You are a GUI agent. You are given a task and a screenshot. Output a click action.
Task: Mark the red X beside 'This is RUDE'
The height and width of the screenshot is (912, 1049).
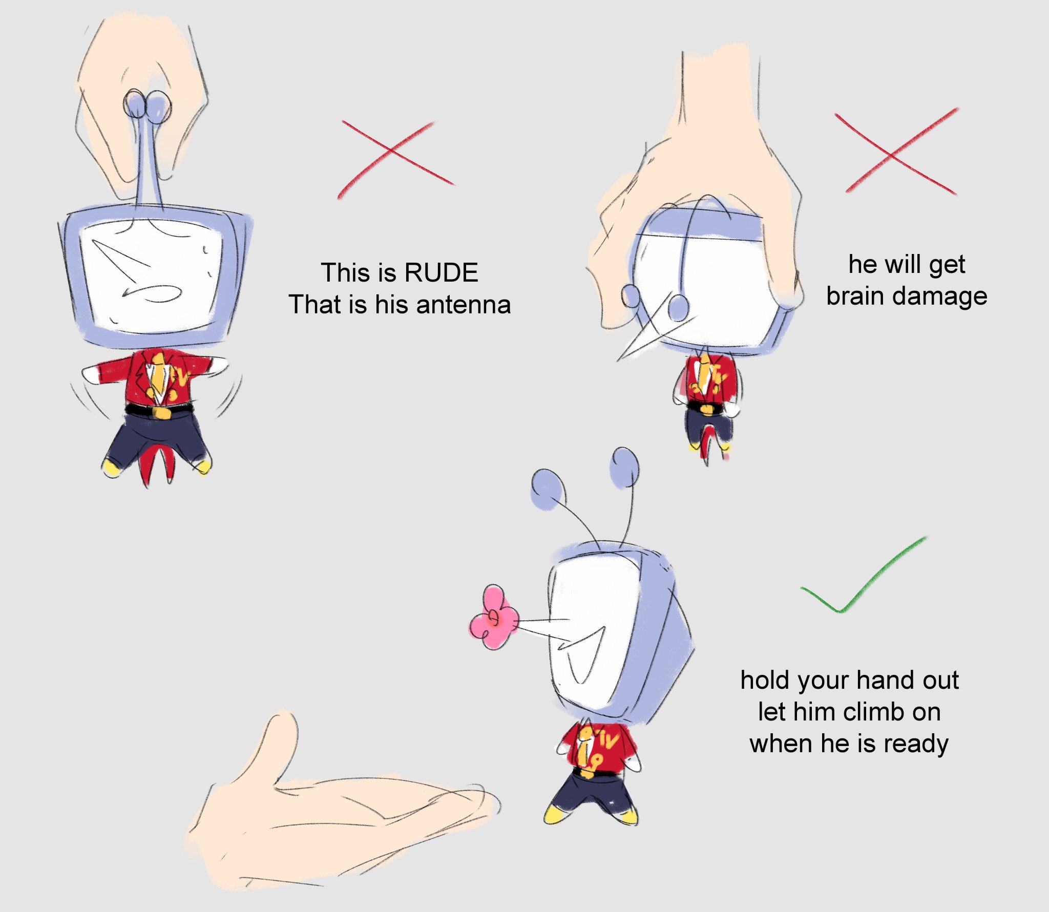[395, 159]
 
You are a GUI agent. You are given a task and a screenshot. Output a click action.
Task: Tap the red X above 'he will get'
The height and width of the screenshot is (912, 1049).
[896, 152]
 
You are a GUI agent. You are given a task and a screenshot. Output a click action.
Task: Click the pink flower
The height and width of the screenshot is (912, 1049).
[493, 618]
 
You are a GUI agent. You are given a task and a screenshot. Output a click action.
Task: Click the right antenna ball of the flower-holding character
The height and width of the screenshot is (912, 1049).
[624, 466]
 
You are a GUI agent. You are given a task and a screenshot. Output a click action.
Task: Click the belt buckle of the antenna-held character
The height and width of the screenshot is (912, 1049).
[161, 412]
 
